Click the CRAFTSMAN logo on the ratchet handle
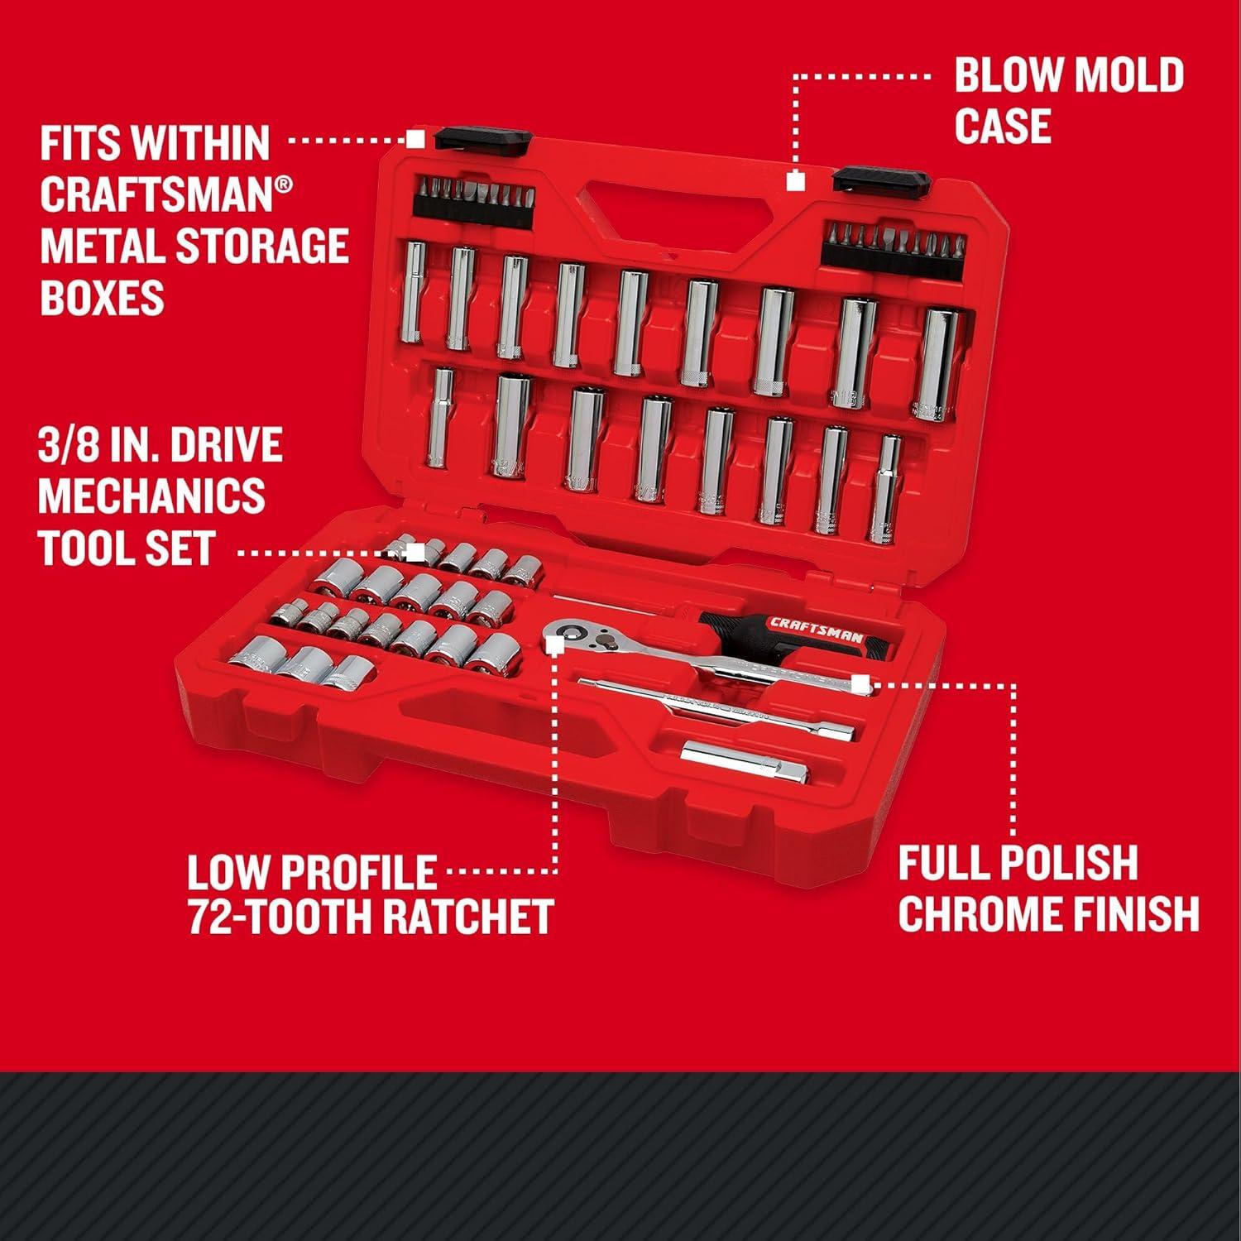click(817, 629)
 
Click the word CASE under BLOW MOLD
click(1003, 127)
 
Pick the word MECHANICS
click(151, 496)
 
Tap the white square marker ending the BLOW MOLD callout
click(795, 181)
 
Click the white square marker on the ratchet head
click(554, 640)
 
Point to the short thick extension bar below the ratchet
click(745, 761)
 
